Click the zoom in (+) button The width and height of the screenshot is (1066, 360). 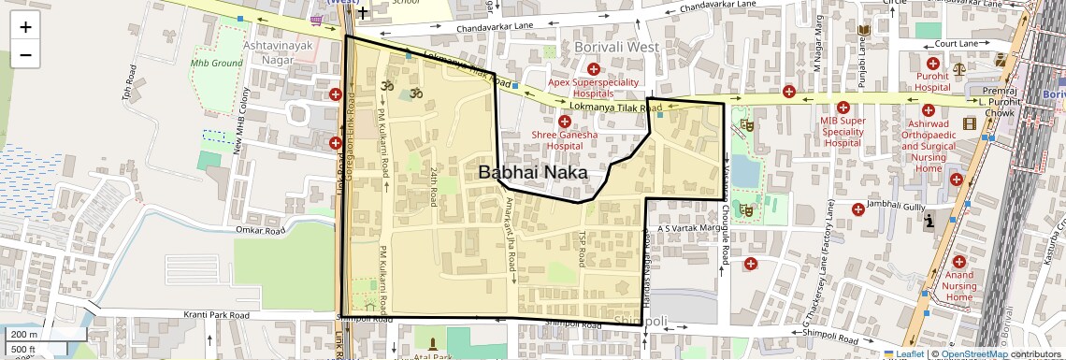pyautogui.click(x=25, y=27)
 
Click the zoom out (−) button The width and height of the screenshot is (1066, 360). pyautogui.click(x=25, y=54)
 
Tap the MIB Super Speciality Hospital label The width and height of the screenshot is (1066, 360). pyautogui.click(x=843, y=132)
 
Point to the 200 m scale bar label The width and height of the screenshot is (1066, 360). pyautogui.click(x=24, y=335)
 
